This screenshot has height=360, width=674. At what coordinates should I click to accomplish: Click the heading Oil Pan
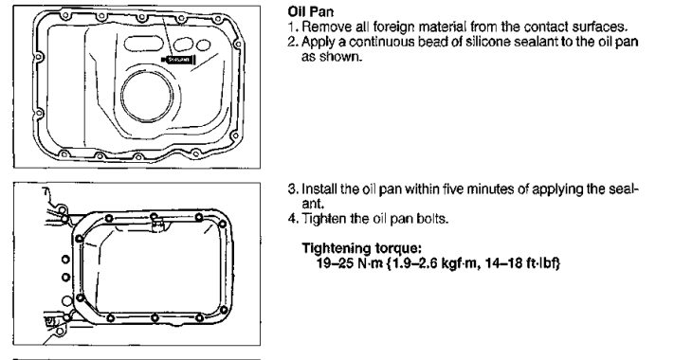tap(310, 11)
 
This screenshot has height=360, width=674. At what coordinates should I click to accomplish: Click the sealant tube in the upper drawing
tap(178, 60)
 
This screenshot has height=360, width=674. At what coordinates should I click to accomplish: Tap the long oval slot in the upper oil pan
tap(143, 43)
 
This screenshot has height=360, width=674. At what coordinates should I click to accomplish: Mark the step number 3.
tap(292, 189)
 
